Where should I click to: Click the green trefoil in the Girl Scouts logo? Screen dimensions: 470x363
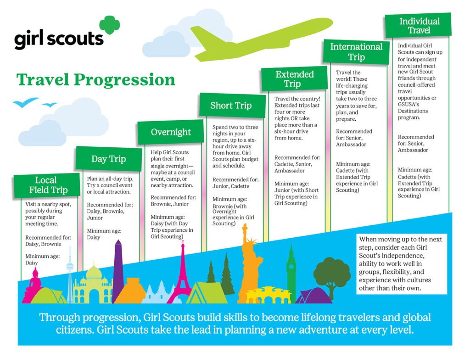(109, 25)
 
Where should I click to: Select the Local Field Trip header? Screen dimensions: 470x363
(46, 185)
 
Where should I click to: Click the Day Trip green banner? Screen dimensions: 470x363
(108, 159)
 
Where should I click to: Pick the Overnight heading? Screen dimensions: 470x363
(171, 132)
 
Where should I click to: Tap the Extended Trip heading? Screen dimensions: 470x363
(294, 78)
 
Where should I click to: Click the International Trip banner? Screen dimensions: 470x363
(356, 51)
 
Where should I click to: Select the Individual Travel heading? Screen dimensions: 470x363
(418, 26)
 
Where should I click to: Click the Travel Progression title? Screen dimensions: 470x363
(95, 80)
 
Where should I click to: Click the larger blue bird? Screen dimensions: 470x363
(26, 102)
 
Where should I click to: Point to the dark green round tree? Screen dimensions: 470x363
(332, 276)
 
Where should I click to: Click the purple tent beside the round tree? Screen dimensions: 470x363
(313, 296)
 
